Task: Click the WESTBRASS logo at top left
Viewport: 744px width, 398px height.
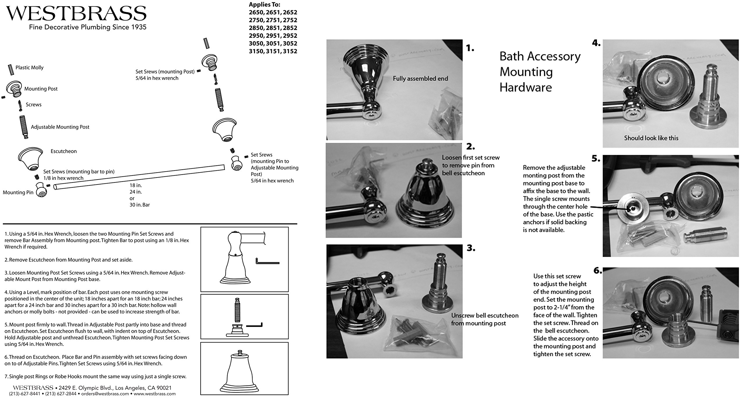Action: tap(76, 14)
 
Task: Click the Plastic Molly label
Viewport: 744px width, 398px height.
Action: tap(29, 68)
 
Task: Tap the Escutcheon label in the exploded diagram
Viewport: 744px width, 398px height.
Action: tap(64, 151)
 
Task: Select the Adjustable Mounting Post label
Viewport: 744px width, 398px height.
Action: tap(60, 127)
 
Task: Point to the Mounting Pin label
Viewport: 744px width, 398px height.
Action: tap(18, 192)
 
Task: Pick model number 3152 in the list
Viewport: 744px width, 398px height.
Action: tap(289, 51)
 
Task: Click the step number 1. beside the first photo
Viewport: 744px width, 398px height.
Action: tap(470, 49)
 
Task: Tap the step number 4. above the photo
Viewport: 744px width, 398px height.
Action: tap(596, 43)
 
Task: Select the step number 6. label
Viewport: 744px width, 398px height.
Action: tap(598, 271)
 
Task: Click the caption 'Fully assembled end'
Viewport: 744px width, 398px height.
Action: tap(420, 78)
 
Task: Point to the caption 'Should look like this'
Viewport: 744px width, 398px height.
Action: tap(651, 138)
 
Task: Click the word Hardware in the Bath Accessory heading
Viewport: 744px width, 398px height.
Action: tap(525, 87)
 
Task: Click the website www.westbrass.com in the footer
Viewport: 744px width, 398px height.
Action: tap(155, 394)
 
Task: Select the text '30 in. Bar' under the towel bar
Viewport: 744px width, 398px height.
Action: tap(140, 205)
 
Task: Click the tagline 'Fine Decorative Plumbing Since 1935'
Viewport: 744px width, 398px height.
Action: tap(87, 27)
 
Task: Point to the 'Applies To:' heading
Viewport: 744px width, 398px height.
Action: tap(264, 5)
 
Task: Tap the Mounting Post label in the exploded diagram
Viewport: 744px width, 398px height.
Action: tap(41, 89)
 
